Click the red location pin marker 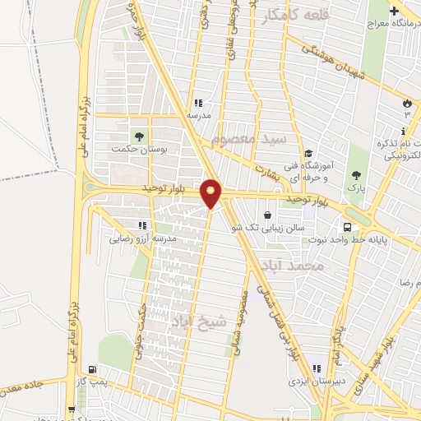point(211,193)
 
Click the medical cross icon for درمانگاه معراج point(396,12)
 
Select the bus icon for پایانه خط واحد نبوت point(348,227)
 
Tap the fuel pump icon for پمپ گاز point(91,369)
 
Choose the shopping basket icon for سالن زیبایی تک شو point(267,215)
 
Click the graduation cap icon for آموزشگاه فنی point(308,153)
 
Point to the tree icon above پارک point(355,174)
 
